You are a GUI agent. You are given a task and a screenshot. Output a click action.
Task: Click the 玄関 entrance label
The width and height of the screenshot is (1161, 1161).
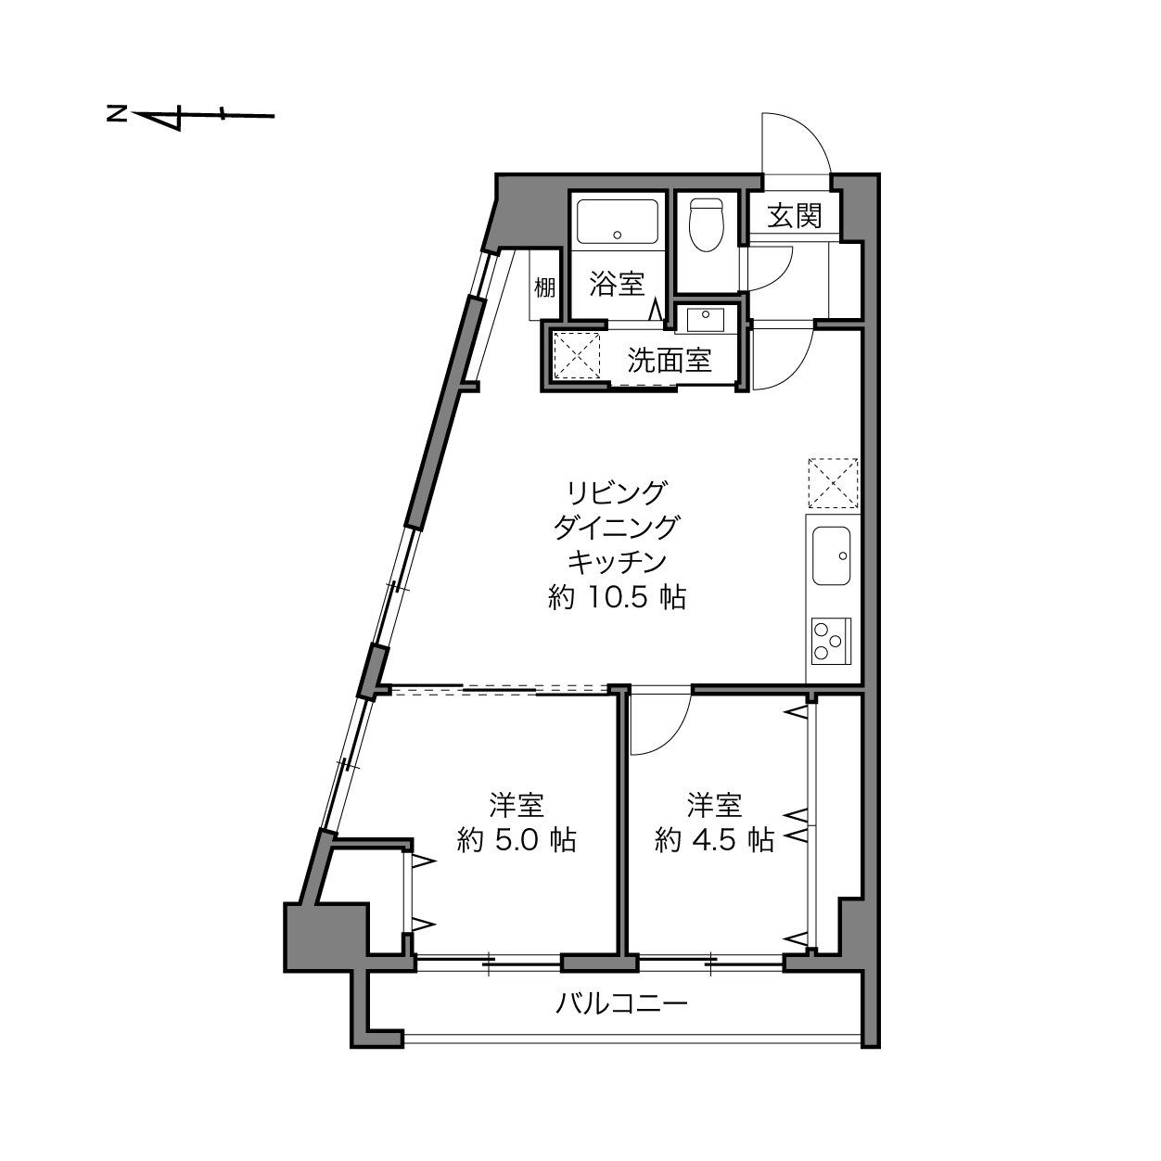point(794,216)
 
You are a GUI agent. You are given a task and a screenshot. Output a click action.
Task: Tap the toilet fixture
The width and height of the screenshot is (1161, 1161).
point(706,224)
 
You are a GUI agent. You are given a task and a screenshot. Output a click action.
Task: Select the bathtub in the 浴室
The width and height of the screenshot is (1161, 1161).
point(617,221)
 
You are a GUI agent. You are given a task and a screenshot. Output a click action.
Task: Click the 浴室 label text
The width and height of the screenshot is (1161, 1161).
point(617,284)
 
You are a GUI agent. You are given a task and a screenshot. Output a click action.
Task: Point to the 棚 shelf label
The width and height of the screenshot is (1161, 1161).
point(544,287)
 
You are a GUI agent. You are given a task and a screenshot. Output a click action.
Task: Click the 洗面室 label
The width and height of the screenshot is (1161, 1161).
point(670,361)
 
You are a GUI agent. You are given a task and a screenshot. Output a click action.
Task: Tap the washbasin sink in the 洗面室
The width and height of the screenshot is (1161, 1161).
point(706,319)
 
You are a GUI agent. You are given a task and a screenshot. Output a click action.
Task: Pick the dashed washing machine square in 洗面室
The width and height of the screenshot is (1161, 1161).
point(577,355)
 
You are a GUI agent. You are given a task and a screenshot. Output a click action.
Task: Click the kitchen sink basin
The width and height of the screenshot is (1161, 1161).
point(832,555)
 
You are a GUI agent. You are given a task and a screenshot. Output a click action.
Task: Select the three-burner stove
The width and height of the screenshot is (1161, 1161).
point(831,641)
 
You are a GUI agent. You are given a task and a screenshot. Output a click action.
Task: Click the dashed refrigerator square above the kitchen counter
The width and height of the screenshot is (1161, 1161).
point(833,482)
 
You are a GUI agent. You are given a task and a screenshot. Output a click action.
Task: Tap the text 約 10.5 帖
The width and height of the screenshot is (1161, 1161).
point(617,598)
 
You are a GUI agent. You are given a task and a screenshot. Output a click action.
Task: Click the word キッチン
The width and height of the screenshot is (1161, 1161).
point(617,562)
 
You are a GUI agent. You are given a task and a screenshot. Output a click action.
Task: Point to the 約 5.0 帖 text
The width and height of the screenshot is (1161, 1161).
point(517,839)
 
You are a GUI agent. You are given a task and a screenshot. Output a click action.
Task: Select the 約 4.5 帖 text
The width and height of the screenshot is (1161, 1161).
point(714,839)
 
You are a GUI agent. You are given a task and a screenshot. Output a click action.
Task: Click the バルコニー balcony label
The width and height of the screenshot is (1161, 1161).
point(621,1003)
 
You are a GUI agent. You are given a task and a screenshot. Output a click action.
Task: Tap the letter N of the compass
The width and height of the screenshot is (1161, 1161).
point(116,113)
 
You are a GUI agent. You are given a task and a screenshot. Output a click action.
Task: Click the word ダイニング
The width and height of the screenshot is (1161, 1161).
point(617,528)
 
